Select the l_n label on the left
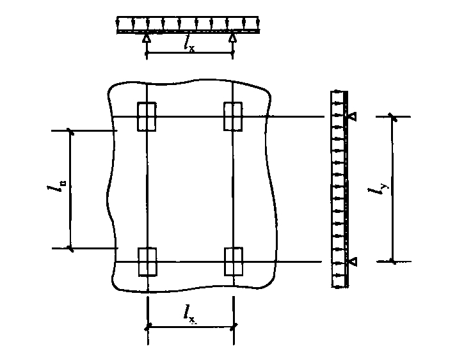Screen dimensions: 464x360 57,187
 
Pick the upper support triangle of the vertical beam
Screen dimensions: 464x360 353,116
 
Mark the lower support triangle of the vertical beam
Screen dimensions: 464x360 353,262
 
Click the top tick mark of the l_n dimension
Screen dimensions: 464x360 70,130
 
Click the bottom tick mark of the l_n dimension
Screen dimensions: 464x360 70,248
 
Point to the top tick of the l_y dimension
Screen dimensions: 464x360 393,117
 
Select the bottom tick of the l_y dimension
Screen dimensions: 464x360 393,262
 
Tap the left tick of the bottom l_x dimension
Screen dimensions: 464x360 147,327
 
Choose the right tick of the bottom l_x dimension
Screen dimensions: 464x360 234,326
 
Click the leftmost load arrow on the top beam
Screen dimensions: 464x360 118,24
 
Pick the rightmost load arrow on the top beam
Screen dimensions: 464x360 258,24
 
